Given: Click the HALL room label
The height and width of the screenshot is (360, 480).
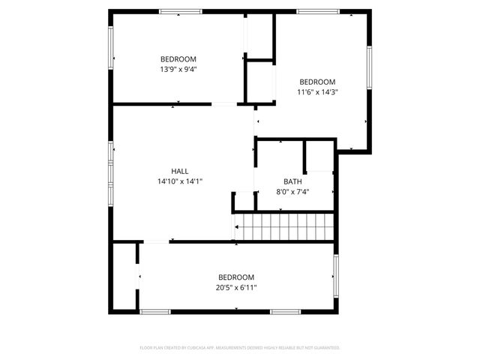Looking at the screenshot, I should pos(180,171).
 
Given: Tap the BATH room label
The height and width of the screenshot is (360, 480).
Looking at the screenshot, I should pos(292,181).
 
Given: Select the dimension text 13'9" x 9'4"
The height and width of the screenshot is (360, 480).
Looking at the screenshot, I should pos(178,69).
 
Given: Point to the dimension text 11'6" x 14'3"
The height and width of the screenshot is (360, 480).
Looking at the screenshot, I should pos(317,92).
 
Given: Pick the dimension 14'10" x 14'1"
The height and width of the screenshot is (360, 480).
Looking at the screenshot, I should pos(180,181).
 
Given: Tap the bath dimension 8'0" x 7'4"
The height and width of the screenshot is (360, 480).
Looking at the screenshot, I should pos(292,191).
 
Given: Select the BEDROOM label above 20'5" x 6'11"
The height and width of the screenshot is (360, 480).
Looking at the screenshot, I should pos(236,277).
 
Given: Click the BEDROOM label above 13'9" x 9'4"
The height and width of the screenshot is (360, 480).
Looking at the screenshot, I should pos(178,59).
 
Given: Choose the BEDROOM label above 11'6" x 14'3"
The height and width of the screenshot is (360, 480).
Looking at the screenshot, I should pos(317,82).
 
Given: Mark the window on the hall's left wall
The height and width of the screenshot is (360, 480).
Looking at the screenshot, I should pos(111,172).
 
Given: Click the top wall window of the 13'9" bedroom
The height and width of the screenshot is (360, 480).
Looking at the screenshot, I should pos(180,11).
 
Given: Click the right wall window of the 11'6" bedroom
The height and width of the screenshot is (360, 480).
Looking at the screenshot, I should pos(369,67).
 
